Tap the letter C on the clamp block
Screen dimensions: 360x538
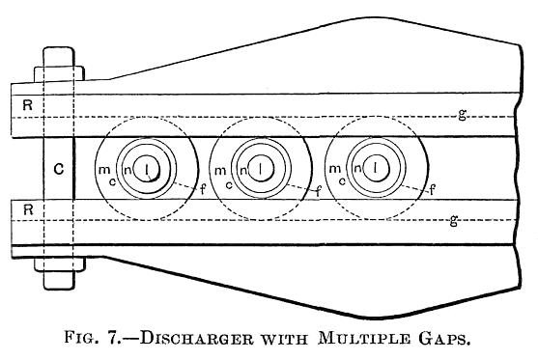pyautogui.click(x=59, y=168)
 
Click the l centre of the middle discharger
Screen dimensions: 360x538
pyautogui.click(x=260, y=168)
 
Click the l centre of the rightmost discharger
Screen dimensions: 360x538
pyautogui.click(x=374, y=168)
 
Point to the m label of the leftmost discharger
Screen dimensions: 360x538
pyautogui.click(x=103, y=170)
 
